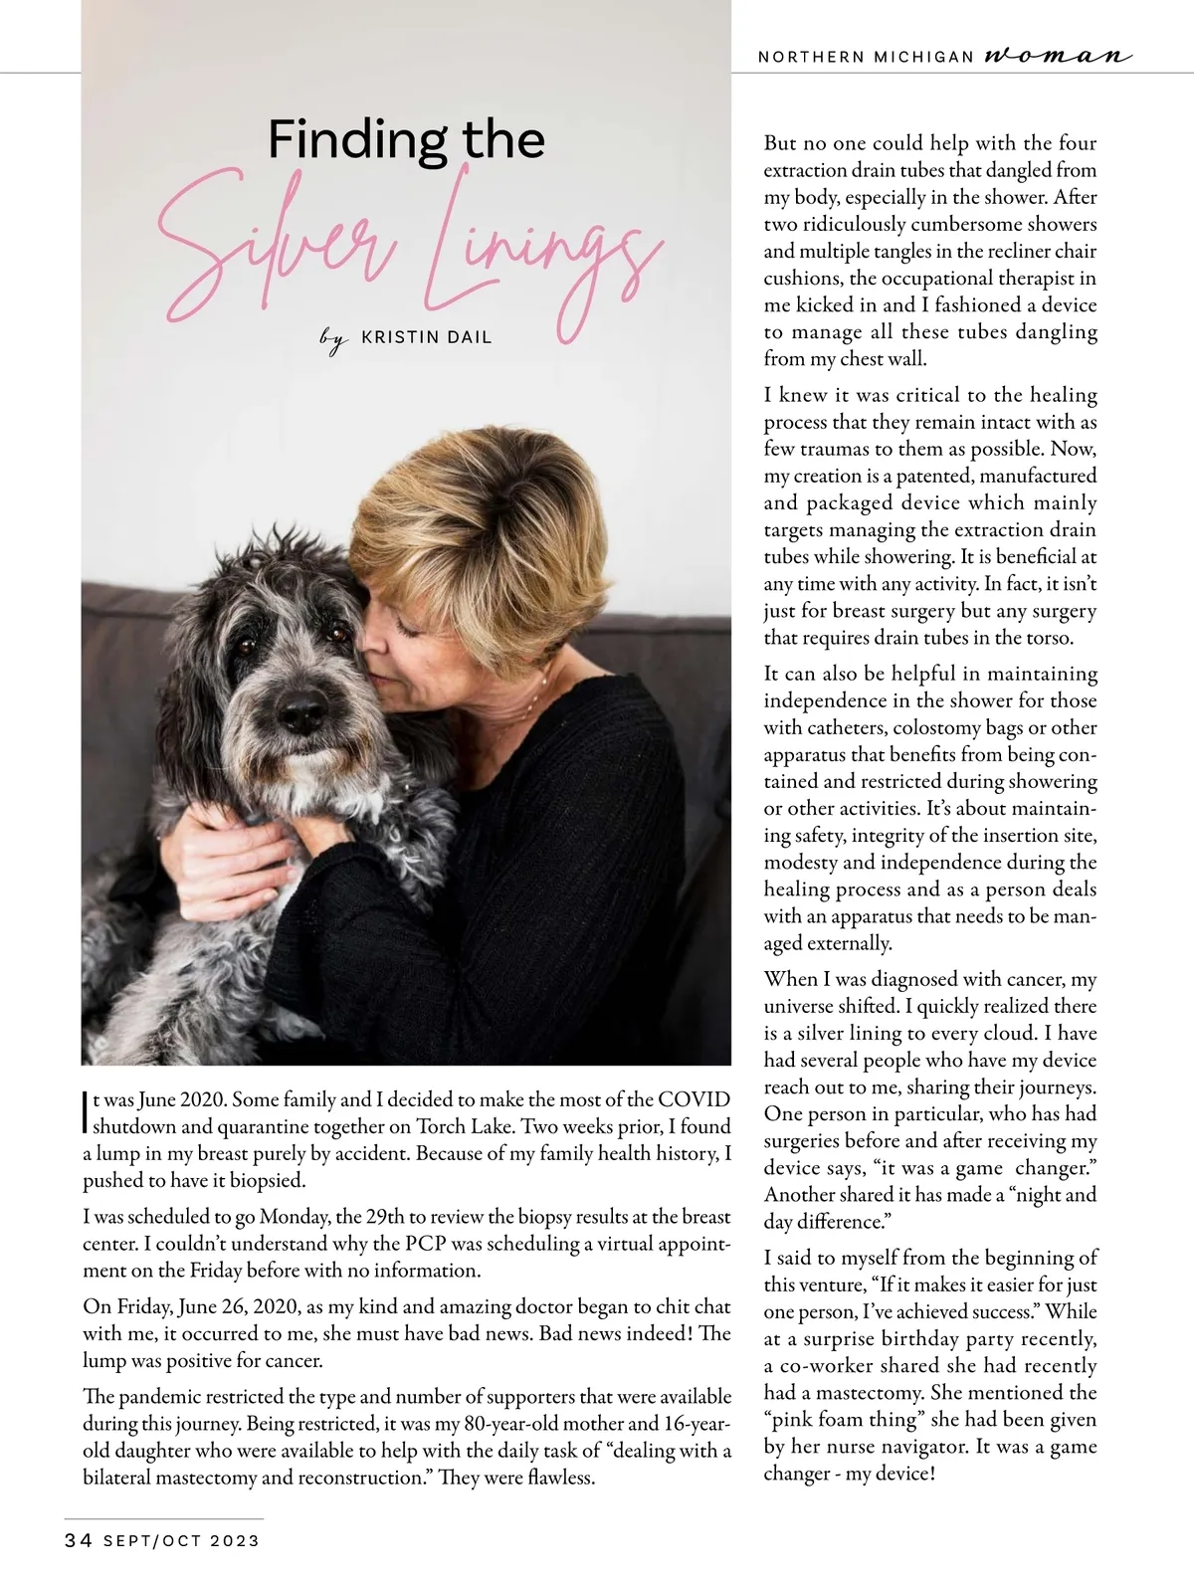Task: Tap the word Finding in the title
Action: pyautogui.click(x=343, y=139)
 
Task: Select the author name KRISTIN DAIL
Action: pyautogui.click(x=426, y=337)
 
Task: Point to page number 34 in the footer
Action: pyautogui.click(x=79, y=1541)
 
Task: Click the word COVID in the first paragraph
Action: pyautogui.click(x=694, y=1100)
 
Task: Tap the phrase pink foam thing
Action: pyautogui.click(x=846, y=1420)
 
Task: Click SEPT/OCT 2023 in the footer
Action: pyautogui.click(x=181, y=1541)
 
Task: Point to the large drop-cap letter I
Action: pyautogui.click(x=85, y=1113)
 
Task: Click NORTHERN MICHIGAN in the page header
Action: pyautogui.click(x=865, y=57)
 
